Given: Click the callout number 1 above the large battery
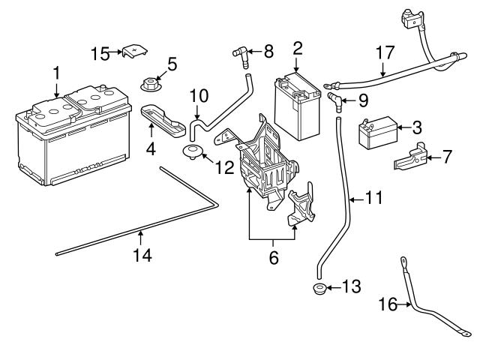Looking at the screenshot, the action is click(x=56, y=74).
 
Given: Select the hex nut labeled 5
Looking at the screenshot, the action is click(x=150, y=85).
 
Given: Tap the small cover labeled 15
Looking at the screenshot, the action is click(x=135, y=51).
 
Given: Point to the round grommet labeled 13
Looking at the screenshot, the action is click(x=320, y=289).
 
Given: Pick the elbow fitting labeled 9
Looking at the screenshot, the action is click(x=335, y=102).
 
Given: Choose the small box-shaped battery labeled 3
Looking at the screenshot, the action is click(x=378, y=133).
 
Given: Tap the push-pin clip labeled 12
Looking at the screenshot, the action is click(x=191, y=152).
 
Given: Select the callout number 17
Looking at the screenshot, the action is click(x=385, y=53).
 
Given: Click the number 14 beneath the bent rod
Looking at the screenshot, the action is click(x=142, y=255).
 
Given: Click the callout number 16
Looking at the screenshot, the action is click(x=388, y=304).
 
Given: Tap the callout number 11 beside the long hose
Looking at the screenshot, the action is click(x=374, y=197).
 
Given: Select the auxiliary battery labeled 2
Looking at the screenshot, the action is click(x=297, y=106).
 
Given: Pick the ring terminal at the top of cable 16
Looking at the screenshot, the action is click(x=403, y=262).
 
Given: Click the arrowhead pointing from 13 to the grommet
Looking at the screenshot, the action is click(x=329, y=288).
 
